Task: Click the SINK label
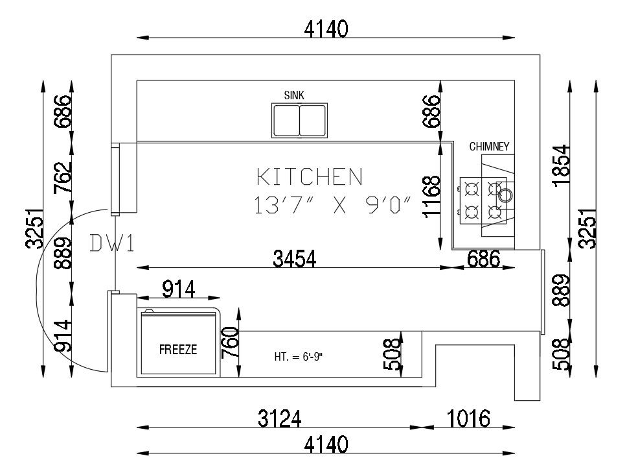click(294, 95)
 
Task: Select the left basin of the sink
click(286, 120)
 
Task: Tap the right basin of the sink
click(312, 120)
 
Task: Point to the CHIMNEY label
click(490, 147)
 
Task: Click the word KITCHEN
click(310, 176)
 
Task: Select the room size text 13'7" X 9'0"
click(333, 206)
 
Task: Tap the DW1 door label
click(111, 243)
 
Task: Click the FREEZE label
click(178, 350)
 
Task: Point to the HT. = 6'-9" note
click(299, 356)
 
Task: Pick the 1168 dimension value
click(431, 197)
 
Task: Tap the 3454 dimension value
click(295, 259)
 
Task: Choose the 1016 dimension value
click(468, 418)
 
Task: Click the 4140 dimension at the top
click(327, 29)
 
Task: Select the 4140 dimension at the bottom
click(327, 445)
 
